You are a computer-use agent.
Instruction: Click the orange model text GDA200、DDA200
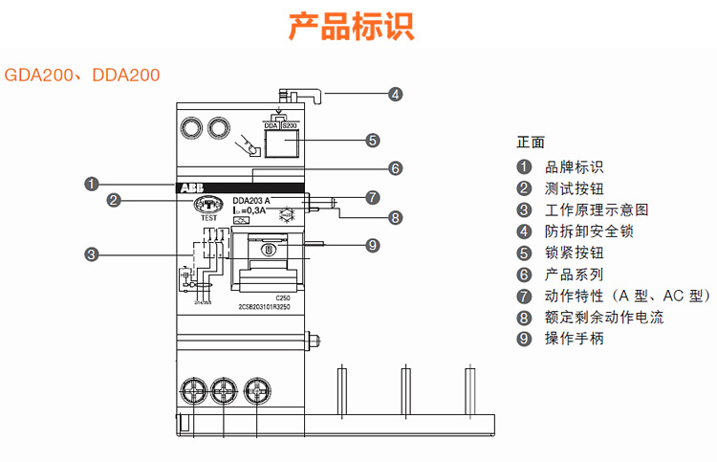(82, 74)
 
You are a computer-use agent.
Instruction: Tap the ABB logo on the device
(190, 188)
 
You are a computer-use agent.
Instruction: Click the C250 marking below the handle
(281, 297)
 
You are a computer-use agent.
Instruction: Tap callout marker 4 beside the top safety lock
(396, 94)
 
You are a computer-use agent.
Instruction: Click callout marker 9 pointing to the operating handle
(374, 244)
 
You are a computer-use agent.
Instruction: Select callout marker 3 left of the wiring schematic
(91, 254)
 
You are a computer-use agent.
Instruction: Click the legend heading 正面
(531, 143)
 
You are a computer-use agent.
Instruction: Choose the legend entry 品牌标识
(574, 166)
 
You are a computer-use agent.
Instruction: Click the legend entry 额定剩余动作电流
(603, 317)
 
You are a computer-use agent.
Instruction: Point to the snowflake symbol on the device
(286, 213)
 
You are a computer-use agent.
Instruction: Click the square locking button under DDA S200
(281, 145)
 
